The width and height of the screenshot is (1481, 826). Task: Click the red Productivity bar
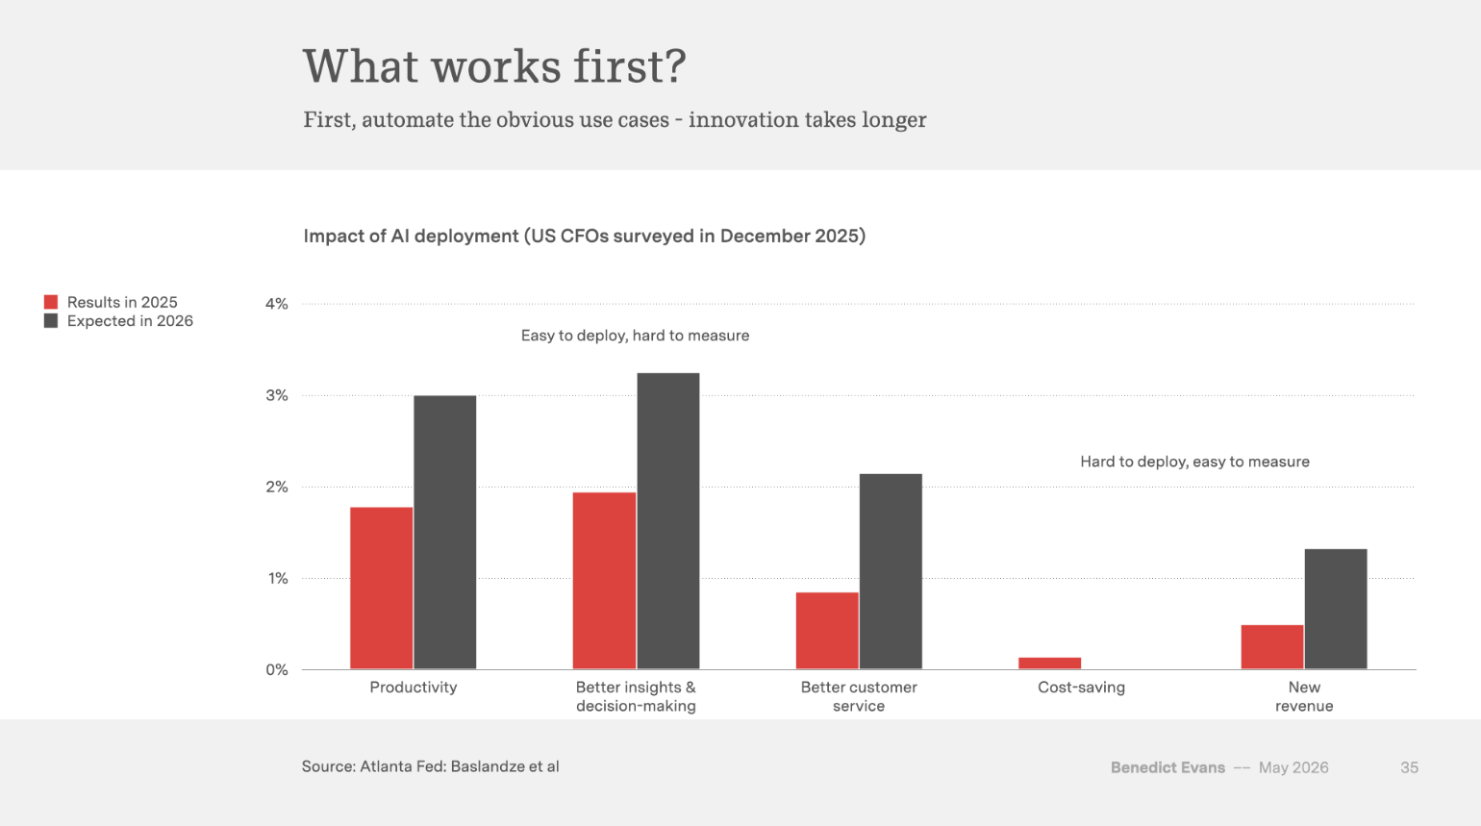[x=382, y=588]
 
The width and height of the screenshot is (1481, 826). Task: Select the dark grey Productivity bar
[x=445, y=533]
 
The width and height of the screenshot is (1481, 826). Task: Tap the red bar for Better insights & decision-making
[x=604, y=581]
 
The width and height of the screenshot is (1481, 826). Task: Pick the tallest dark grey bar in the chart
[x=667, y=521]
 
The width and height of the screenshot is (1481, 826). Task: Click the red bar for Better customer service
[x=827, y=631]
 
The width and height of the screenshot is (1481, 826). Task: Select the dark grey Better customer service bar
[x=891, y=571]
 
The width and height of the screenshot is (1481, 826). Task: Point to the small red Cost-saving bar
[x=1050, y=663]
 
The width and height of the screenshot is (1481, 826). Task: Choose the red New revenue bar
[x=1272, y=647]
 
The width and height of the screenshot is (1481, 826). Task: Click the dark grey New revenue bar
[x=1336, y=609]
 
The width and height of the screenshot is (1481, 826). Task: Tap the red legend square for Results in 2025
[x=51, y=302]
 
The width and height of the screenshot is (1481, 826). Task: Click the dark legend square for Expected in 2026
[x=51, y=321]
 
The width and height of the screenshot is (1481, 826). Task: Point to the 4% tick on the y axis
[x=277, y=304]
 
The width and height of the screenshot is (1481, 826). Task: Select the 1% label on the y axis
[x=278, y=579]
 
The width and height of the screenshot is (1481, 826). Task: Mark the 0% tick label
[x=277, y=670]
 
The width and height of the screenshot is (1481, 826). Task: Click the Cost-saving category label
[x=1081, y=688]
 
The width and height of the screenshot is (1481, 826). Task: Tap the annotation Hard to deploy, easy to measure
[x=1194, y=462]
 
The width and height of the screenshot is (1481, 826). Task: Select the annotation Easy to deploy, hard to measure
[x=636, y=336]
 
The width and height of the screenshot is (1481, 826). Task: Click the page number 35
[x=1409, y=767]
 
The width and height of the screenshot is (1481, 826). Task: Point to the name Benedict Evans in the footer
[x=1167, y=767]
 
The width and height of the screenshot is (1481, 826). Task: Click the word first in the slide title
[x=629, y=66]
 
